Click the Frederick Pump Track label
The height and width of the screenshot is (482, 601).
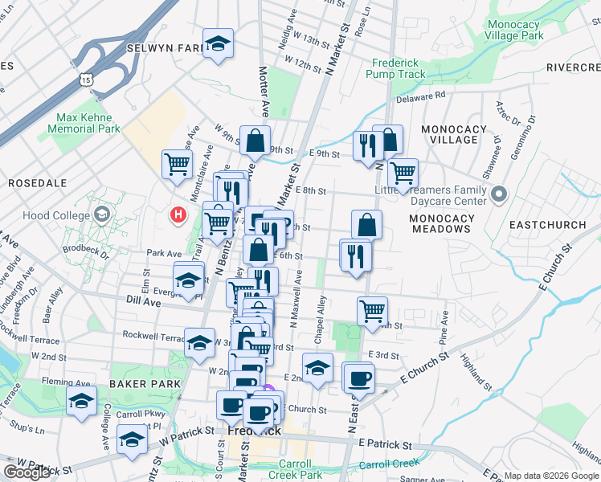tap(394, 68)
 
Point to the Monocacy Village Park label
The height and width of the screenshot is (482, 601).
tap(514, 31)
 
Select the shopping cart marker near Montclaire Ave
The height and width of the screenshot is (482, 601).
tap(177, 164)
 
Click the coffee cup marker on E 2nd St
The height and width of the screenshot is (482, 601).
tap(358, 377)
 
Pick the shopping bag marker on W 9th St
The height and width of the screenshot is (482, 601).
tap(255, 141)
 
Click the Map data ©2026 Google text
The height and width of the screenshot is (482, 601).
tap(551, 476)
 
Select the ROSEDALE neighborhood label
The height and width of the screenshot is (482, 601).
tap(37, 183)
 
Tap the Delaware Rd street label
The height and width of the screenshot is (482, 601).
tap(421, 97)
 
